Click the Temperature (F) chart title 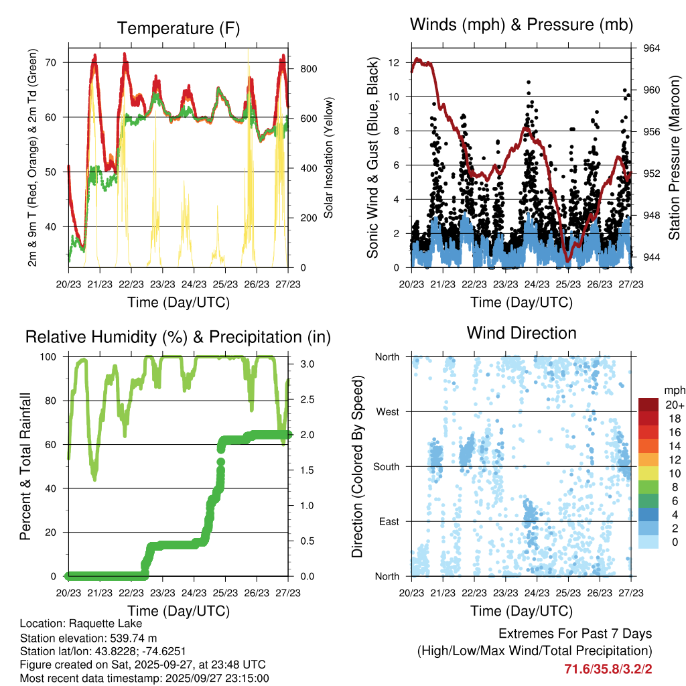tap(178, 28)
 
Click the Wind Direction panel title tap(521, 333)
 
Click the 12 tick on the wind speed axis tap(394, 62)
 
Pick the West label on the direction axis tap(387, 412)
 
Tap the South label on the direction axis tap(387, 467)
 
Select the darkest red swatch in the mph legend tap(648, 405)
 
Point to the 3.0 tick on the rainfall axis tap(303, 364)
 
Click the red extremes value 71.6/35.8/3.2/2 tap(608, 669)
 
